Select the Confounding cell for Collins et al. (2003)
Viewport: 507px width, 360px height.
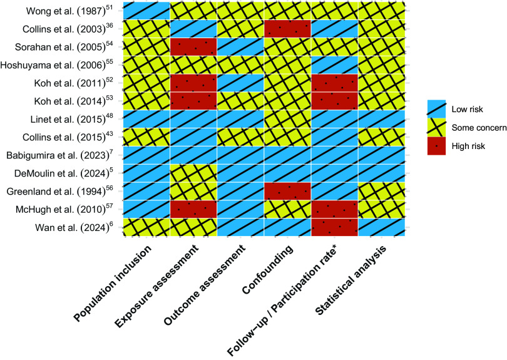point(287,28)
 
